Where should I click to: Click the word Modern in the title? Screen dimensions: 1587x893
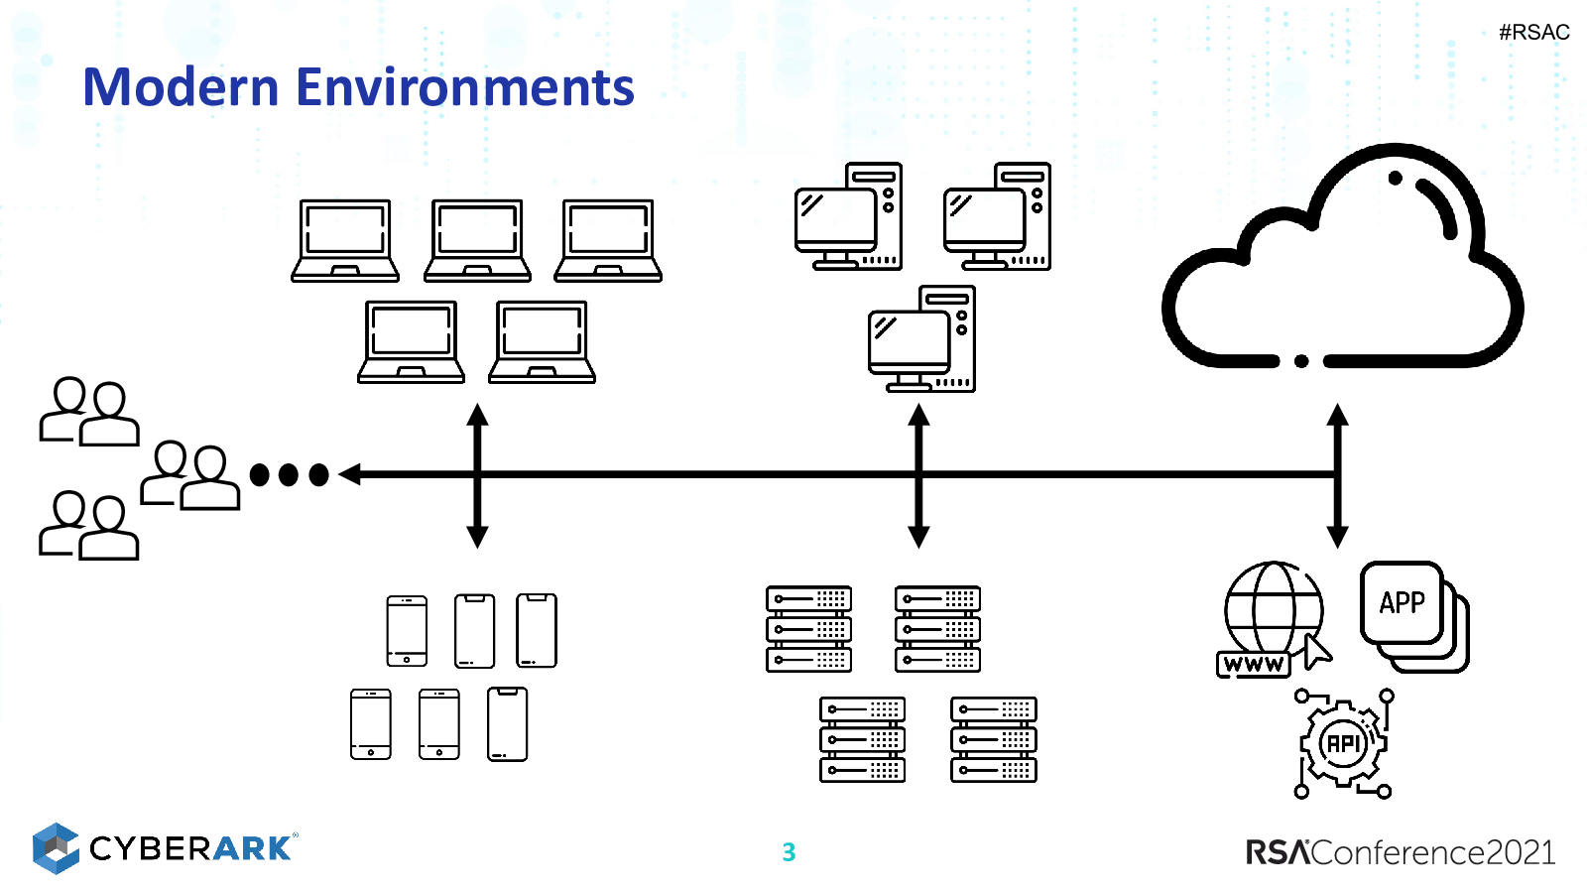coord(181,87)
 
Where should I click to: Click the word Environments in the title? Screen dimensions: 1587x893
coord(465,87)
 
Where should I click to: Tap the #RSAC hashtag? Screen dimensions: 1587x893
coord(1533,33)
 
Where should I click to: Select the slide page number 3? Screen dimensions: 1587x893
coord(789,852)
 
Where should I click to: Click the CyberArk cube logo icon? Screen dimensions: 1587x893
coord(56,848)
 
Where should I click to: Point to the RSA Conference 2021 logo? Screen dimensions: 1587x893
coord(1401,852)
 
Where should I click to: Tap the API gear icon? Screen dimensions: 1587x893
coord(1343,743)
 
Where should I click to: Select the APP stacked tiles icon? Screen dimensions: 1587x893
coord(1414,616)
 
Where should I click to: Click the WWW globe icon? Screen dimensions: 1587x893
coord(1274,619)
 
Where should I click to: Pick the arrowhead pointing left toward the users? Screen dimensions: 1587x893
coord(349,474)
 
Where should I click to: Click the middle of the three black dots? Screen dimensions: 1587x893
coord(289,475)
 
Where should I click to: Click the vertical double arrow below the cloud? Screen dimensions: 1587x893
coord(1337,476)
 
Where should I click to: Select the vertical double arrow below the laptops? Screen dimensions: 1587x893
coord(477,476)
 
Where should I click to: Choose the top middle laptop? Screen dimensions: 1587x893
coord(477,241)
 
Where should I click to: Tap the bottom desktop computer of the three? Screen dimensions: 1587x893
coord(921,338)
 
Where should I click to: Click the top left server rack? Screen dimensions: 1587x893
coord(808,629)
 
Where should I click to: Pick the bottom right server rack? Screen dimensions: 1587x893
coord(993,739)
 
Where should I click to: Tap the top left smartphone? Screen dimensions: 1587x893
coord(407,631)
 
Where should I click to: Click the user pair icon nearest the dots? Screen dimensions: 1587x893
coord(190,475)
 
